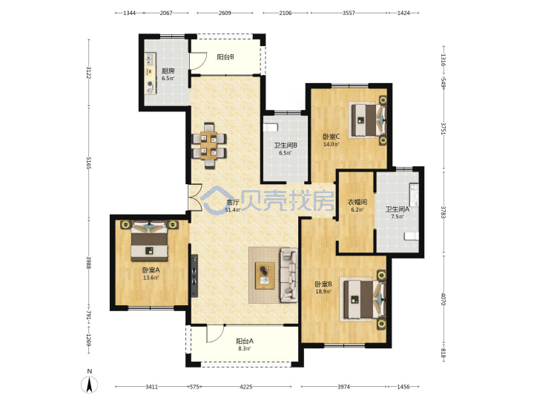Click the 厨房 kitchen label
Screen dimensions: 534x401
click(x=168, y=71)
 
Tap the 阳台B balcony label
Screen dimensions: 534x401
click(x=225, y=57)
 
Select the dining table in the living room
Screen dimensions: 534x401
click(x=208, y=146)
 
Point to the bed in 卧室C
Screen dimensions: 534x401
click(x=369, y=120)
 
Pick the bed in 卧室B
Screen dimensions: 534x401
click(x=363, y=300)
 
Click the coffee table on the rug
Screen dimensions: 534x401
click(x=266, y=276)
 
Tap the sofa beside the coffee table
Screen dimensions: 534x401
click(x=289, y=276)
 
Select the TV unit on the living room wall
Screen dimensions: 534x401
click(x=194, y=276)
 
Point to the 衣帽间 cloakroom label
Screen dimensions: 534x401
click(x=357, y=202)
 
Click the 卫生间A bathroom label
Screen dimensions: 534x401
click(x=398, y=209)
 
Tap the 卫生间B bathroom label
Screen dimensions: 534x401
click(x=286, y=146)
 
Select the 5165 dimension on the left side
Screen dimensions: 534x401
click(x=89, y=163)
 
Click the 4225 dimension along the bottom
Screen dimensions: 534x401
click(x=246, y=387)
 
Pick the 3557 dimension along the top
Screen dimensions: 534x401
click(x=349, y=13)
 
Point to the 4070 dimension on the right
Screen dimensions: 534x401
click(x=444, y=299)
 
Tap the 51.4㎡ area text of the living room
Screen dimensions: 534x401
click(x=233, y=209)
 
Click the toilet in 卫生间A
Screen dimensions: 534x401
click(x=412, y=236)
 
